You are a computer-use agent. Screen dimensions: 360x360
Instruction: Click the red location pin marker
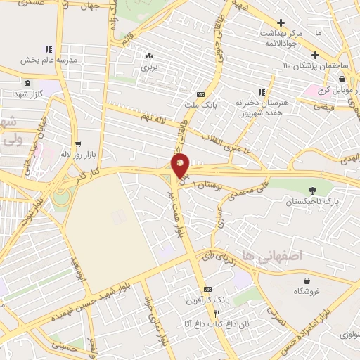point(180,166)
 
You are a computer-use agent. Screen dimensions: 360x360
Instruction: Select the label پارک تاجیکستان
point(311,202)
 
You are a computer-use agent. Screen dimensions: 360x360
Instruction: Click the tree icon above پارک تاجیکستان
point(312,189)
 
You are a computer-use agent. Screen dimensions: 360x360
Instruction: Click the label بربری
point(148,67)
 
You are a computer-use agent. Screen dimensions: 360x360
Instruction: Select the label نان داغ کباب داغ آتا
point(208,323)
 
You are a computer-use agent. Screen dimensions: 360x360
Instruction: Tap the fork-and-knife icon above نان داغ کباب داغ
point(218,313)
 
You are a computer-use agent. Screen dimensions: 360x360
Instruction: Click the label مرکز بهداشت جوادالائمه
point(281,38)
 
